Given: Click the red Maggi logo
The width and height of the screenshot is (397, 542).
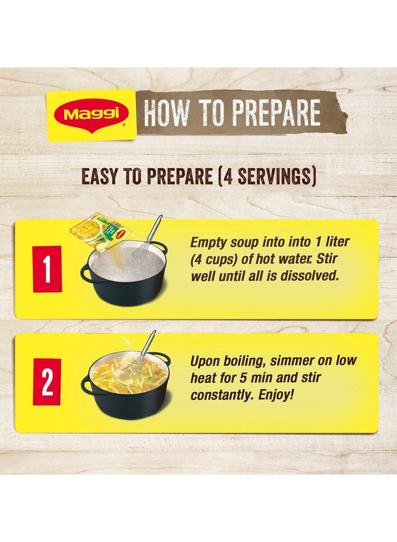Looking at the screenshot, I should pos(91,114).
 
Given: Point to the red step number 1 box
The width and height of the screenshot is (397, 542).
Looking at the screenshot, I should pos(47,269).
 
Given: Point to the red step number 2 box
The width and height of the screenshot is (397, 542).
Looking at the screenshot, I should pos(47,382).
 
